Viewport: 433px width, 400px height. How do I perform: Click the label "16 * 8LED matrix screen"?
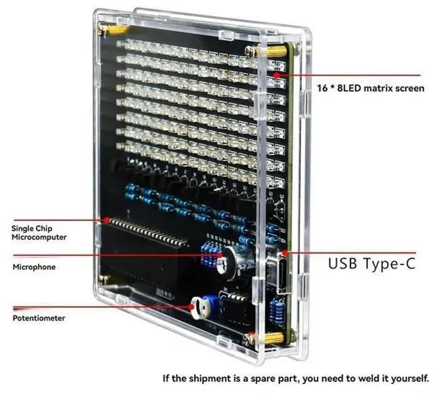coord(371,89)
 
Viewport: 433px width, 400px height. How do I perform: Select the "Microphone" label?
coord(35,267)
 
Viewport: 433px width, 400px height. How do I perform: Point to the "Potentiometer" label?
coord(39,318)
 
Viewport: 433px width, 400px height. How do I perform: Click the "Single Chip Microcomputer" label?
coord(39,233)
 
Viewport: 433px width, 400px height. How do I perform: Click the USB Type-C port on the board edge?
coord(278,273)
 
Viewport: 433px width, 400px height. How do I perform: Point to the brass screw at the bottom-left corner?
coord(103,278)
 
